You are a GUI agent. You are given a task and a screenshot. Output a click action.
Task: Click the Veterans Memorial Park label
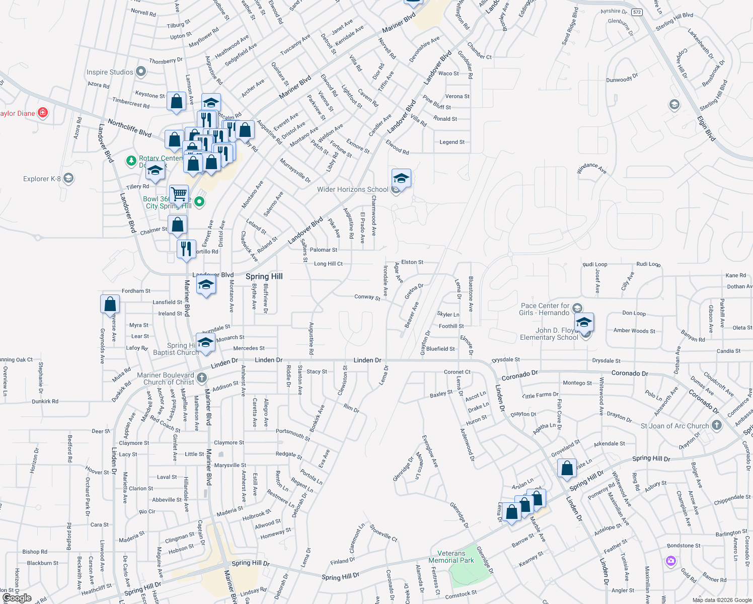click(451, 557)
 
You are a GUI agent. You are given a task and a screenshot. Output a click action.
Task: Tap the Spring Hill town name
click(264, 276)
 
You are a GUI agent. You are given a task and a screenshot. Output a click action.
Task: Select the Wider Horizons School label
click(352, 189)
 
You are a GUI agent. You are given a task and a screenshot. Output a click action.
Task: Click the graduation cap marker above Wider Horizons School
click(401, 178)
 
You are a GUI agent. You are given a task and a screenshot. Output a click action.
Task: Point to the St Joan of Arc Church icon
click(717, 425)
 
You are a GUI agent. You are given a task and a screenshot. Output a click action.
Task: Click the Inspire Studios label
click(110, 72)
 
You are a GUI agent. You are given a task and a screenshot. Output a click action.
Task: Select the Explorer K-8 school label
click(42, 179)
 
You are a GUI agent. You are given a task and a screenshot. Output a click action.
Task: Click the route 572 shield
click(637, 12)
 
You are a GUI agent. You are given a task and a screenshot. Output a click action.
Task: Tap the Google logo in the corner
click(17, 598)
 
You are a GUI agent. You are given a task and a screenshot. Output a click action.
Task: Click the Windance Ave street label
click(591, 168)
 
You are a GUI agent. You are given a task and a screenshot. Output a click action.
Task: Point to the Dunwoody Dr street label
click(622, 79)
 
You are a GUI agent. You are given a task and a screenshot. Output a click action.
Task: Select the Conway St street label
click(367, 297)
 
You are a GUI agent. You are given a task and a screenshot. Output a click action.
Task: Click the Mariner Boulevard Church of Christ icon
click(202, 377)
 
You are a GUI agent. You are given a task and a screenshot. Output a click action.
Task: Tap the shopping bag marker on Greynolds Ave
click(110, 304)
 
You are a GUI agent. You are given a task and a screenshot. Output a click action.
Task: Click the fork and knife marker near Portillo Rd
click(186, 248)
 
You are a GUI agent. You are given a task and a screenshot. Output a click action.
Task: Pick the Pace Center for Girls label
click(545, 309)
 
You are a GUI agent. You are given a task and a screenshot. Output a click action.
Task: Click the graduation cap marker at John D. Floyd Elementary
click(584, 322)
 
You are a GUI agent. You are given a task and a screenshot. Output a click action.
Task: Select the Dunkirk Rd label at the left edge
click(45, 401)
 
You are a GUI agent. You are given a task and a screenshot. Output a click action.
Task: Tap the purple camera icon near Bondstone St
click(670, 561)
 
